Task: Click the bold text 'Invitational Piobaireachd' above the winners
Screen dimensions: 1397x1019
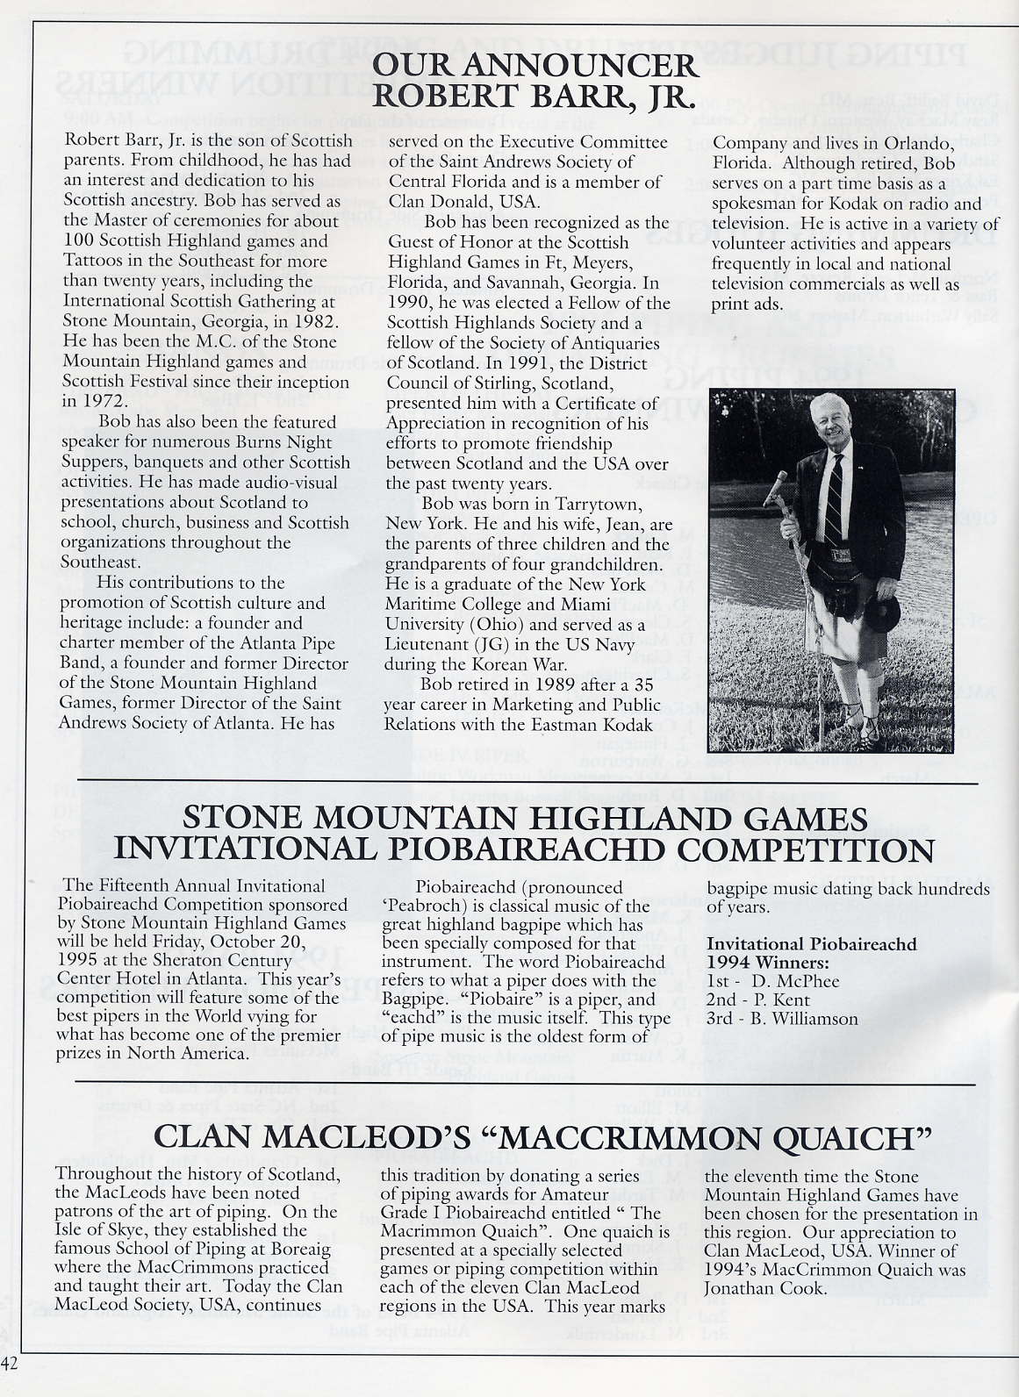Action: pyautogui.click(x=812, y=943)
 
